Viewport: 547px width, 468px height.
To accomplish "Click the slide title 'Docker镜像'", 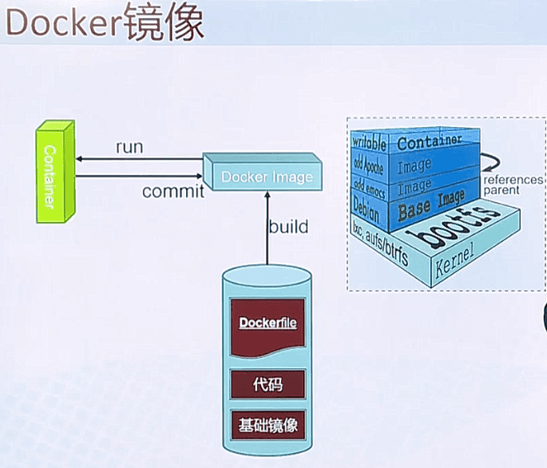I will point(105,24).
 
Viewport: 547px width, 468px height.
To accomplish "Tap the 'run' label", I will point(130,148).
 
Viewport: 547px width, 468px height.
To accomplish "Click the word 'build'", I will point(288,227).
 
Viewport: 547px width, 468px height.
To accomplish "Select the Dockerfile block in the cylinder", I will point(268,325).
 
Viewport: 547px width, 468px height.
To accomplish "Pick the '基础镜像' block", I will point(268,424).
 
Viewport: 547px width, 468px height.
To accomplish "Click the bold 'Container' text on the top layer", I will point(430,143).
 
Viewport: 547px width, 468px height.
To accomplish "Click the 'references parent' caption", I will point(512,185).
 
